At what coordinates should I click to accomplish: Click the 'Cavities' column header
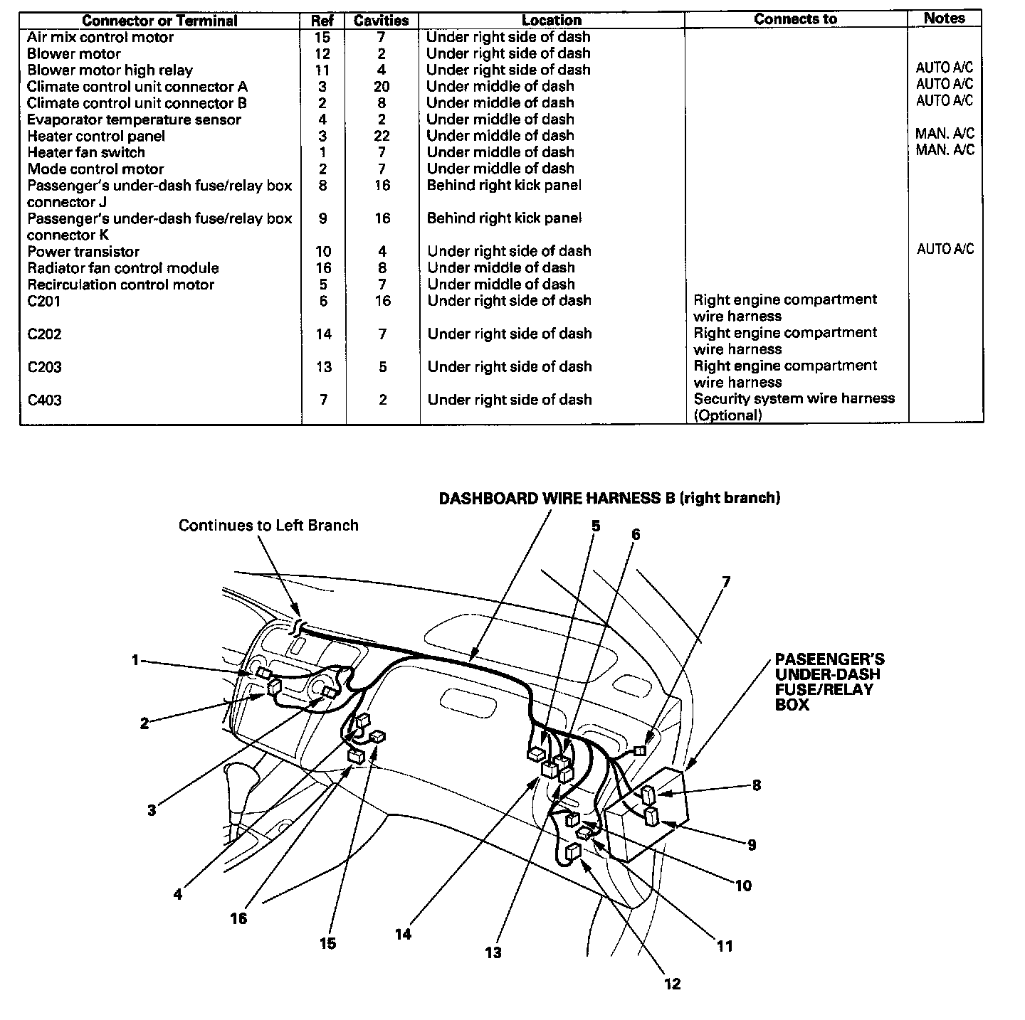tap(382, 21)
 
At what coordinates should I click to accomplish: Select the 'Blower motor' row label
tap(74, 53)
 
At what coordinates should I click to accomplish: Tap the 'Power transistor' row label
tap(83, 251)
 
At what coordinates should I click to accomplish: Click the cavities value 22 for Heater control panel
tap(382, 136)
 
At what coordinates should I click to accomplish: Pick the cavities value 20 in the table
tap(382, 86)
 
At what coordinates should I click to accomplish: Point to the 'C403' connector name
tap(44, 400)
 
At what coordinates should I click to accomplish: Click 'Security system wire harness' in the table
tap(794, 399)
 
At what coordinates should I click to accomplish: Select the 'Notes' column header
tap(944, 18)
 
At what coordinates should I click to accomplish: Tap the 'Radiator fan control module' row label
tap(123, 268)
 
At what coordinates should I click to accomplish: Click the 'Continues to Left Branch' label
tap(268, 525)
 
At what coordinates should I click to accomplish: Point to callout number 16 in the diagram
tap(238, 918)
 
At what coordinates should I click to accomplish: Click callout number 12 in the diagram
tap(672, 984)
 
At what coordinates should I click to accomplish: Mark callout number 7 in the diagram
tap(726, 582)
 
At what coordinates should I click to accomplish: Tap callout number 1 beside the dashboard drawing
tap(135, 660)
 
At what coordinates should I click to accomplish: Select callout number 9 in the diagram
tap(752, 845)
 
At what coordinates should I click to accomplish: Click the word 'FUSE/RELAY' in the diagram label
tap(824, 689)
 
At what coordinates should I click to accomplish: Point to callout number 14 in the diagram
tap(403, 934)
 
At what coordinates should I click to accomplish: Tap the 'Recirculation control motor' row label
tap(120, 285)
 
